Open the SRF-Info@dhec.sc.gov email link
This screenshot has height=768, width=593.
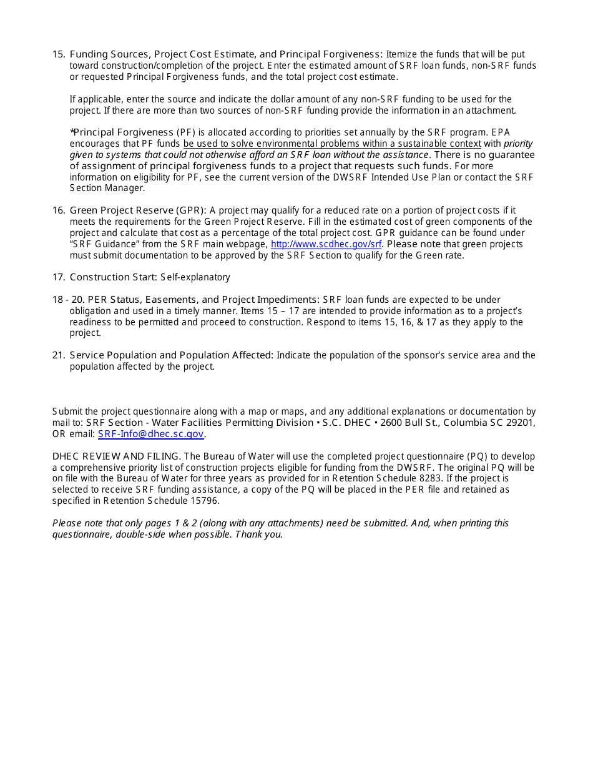coord(150,434)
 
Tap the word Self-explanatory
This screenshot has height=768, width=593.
coord(195,277)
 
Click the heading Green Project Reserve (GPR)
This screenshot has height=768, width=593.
coord(137,210)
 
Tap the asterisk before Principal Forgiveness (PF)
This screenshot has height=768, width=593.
coord(72,132)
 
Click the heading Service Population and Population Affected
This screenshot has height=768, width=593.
coord(171,355)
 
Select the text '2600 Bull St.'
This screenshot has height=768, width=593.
coord(407,423)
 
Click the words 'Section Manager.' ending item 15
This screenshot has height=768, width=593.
coord(107,188)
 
